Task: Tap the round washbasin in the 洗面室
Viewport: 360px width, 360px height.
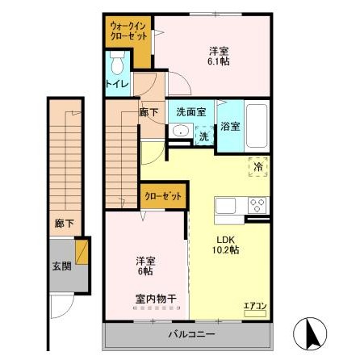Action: point(181,132)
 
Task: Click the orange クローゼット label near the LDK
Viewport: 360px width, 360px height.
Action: point(163,195)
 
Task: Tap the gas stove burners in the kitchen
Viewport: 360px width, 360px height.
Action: point(257,203)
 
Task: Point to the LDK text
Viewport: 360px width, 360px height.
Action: point(224,238)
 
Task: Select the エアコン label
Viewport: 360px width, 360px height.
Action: point(254,305)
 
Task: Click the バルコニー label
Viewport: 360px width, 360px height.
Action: point(190,334)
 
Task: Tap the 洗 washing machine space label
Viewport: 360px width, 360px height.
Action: point(204,136)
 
